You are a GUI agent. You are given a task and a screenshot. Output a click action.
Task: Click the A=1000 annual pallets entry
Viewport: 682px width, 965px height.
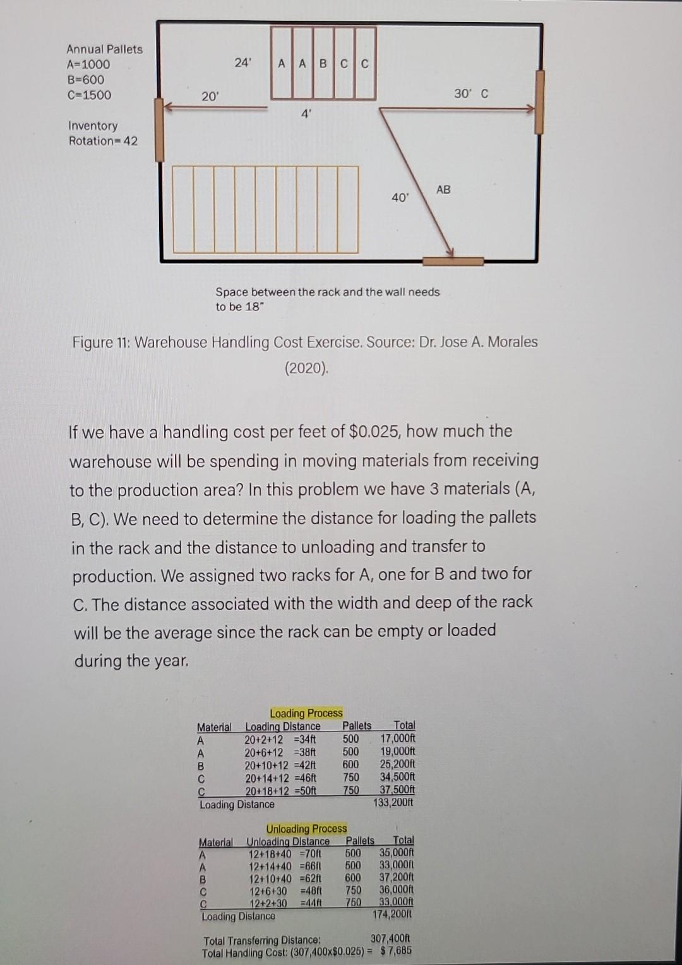tap(88, 64)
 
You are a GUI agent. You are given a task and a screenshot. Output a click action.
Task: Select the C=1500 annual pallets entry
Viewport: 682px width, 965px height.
tap(88, 95)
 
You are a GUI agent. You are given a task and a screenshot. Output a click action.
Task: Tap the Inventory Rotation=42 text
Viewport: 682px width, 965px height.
tap(102, 133)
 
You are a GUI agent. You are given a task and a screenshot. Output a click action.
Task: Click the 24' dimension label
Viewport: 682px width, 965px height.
tap(242, 63)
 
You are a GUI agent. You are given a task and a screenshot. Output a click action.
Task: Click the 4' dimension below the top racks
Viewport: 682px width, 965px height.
tap(306, 114)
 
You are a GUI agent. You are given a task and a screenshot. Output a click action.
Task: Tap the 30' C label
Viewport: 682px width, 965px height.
tap(471, 94)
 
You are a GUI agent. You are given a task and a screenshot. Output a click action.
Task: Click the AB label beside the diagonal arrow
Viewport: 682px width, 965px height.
tap(443, 189)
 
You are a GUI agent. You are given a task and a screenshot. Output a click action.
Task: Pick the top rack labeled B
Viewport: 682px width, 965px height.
tap(323, 64)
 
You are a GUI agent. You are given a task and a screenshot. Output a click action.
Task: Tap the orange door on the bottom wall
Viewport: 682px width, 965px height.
tap(453, 261)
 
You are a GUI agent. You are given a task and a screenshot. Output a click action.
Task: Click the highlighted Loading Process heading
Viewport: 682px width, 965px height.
tap(306, 713)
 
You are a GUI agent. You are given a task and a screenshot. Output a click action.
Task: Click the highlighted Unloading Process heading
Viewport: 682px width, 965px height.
tap(306, 829)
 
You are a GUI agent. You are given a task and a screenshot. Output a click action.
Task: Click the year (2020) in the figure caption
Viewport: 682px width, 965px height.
tap(306, 368)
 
